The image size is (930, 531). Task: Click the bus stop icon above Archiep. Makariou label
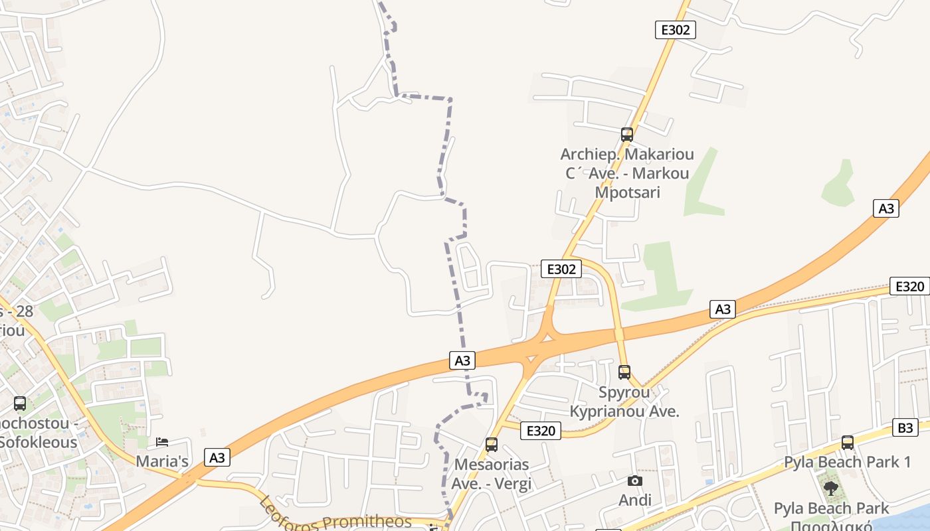click(626, 135)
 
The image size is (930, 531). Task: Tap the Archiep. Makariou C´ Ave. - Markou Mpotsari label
click(626, 173)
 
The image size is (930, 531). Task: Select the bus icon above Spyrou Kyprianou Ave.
click(624, 372)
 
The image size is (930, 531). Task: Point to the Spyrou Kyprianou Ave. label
click(624, 402)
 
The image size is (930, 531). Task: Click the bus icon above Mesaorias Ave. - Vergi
click(492, 445)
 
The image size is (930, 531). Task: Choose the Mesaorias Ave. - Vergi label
click(492, 474)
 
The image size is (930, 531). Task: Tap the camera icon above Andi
click(635, 481)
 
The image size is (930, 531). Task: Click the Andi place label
click(635, 500)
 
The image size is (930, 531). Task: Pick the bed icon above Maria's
click(162, 442)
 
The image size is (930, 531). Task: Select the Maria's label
click(162, 461)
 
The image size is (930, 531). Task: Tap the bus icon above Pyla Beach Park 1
click(848, 442)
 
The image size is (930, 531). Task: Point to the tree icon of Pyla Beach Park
click(830, 489)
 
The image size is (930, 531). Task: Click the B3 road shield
click(905, 427)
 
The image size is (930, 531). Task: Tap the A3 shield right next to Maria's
click(217, 457)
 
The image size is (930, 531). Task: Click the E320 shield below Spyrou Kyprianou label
click(540, 431)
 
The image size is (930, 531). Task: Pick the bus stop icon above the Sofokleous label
click(20, 403)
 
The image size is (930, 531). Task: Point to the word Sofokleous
click(39, 442)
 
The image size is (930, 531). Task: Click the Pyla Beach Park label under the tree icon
click(830, 509)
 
